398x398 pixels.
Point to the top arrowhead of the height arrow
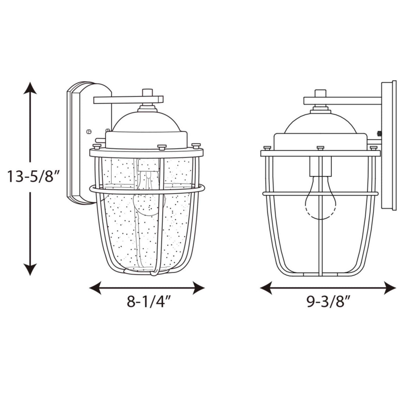pyautogui.click(x=30, y=88)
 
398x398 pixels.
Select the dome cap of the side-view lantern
pyautogui.click(x=320, y=123)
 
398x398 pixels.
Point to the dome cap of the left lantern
pyautogui.click(x=147, y=122)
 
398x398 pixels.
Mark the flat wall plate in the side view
pyautogui.click(x=389, y=146)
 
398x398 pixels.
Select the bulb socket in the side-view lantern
pyautogui.click(x=320, y=166)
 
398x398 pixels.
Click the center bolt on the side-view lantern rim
pyautogui.click(x=320, y=148)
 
